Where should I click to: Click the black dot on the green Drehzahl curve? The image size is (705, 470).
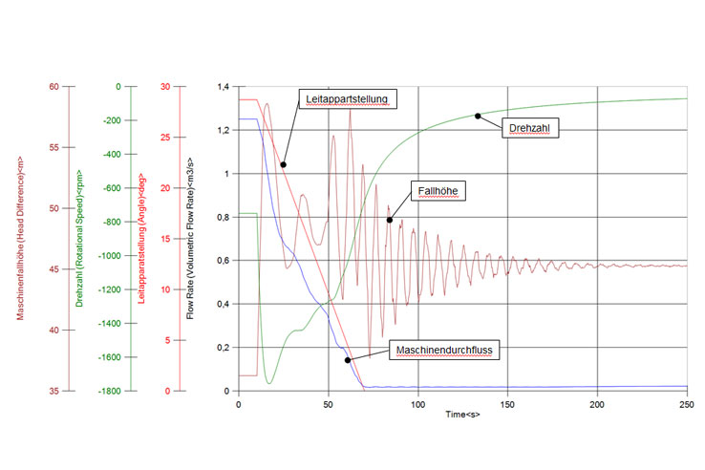coord(478,116)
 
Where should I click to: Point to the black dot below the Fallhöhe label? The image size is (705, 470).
coord(390,220)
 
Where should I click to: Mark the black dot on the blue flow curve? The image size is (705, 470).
coord(348,360)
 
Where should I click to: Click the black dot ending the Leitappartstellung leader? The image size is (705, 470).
coord(283,164)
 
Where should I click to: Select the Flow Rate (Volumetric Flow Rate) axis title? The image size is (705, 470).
coord(190,236)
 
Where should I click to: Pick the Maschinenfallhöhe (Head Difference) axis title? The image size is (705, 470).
coord(20,237)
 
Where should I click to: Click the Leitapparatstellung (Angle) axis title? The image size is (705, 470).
coord(141,238)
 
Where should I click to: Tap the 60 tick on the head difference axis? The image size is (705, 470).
coord(53,87)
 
